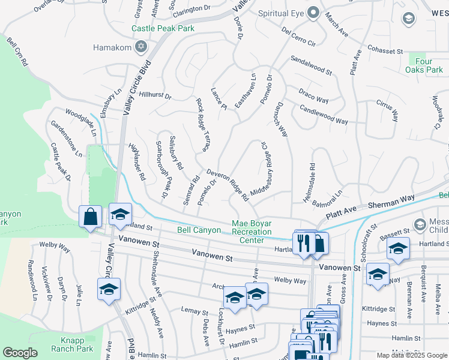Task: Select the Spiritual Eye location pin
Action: pos(313,13)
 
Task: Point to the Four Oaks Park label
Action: pos(428,65)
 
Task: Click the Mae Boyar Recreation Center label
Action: pos(252,232)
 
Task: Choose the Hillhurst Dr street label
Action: pos(155,95)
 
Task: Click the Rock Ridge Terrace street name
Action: pos(205,122)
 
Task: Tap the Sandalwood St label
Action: pos(311,65)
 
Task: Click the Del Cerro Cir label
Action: pos(298,35)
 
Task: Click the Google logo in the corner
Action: pos(20,353)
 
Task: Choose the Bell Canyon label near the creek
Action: pos(199,230)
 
